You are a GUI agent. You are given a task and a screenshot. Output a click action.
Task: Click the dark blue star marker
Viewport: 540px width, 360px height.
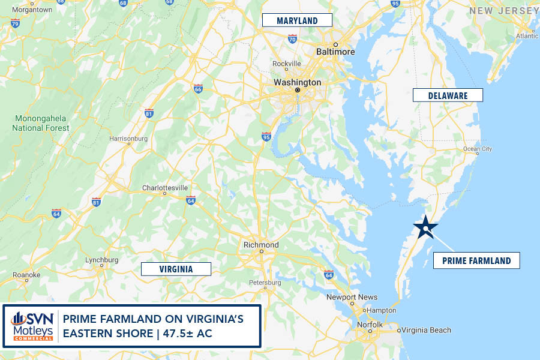425,227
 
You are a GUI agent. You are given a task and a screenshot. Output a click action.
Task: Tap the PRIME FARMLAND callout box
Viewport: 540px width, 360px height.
476,260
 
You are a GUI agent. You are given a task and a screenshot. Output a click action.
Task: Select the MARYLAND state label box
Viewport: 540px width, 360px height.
297,20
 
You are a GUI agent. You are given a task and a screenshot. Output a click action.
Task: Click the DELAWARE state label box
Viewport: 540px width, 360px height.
448,95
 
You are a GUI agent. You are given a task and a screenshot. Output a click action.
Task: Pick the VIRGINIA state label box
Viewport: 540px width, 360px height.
176,269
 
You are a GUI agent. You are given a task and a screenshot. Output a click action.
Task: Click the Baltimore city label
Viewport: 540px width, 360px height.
335,52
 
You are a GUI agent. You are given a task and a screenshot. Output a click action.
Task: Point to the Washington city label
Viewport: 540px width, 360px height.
297,82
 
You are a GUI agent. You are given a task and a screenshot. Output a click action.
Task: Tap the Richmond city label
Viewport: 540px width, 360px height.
261,245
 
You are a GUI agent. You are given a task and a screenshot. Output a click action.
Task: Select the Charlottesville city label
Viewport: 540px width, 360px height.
165,188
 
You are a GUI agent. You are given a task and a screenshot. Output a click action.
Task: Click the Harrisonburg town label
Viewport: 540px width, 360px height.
128,139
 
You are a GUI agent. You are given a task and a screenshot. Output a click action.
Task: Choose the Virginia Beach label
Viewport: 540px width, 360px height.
426,330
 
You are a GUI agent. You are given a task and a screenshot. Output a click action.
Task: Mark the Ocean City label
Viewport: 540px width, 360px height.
478,149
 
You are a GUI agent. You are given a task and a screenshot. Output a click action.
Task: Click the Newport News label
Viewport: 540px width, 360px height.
352,297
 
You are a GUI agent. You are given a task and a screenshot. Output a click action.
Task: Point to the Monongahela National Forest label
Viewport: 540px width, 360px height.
41,123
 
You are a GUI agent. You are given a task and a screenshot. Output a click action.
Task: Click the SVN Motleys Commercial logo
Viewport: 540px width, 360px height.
31,326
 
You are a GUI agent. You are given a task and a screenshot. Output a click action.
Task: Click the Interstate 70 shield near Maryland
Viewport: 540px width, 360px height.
292,39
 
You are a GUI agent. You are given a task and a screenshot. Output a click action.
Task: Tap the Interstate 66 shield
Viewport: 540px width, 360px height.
198,89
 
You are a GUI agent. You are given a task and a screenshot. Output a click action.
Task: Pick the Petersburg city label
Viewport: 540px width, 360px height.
265,282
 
